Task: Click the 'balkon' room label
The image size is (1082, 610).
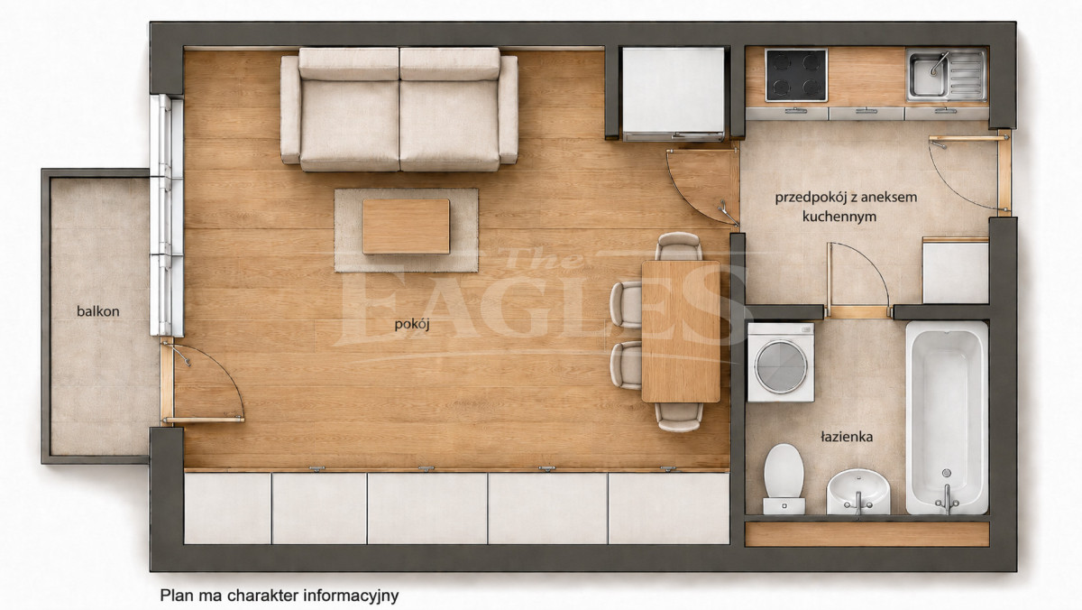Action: pos(98,311)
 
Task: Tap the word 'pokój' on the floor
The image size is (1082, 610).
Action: pos(412,324)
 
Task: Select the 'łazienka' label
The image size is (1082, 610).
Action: pos(847,437)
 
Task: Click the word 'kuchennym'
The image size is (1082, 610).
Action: pos(839,217)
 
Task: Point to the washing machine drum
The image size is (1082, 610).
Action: pos(781,366)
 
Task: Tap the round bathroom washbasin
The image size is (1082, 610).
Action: pos(857,492)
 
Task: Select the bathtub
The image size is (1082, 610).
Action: pos(947,418)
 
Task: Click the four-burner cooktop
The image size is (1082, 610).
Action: pos(796,75)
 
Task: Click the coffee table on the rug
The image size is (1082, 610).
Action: pos(407,226)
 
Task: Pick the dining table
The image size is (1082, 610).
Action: pos(681,331)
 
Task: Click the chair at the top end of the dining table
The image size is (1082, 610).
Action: pos(679,245)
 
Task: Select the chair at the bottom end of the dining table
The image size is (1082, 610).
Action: pos(679,417)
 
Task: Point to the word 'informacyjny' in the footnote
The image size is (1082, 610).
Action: pos(351,596)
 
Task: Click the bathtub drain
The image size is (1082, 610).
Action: pos(947,473)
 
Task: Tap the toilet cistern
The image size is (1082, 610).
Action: pos(784,506)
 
